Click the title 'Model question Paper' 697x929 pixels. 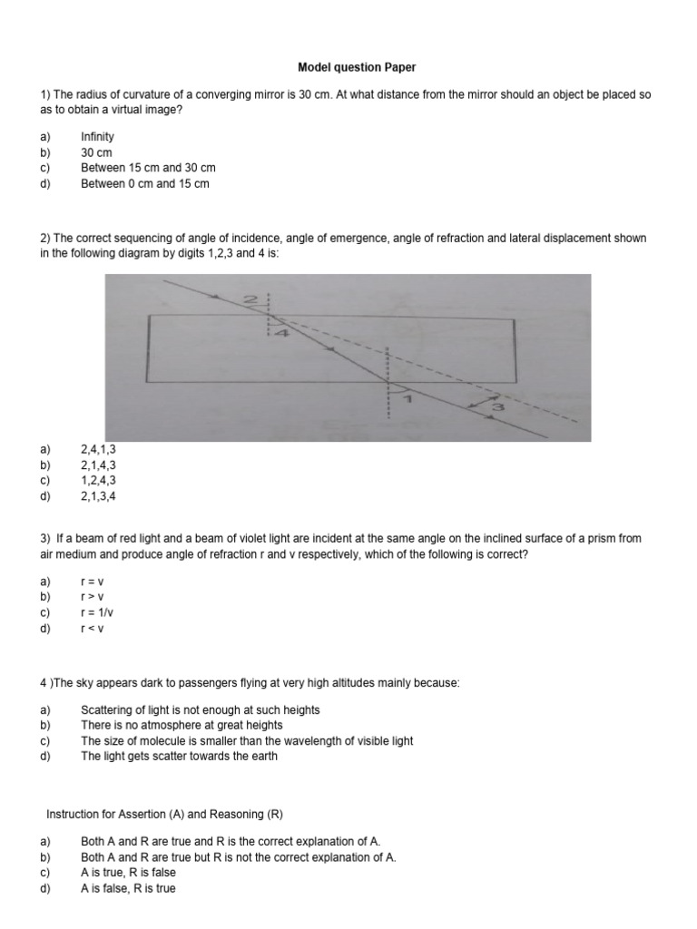[348, 67]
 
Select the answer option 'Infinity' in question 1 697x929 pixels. [97, 137]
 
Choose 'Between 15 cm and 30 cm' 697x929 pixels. [148, 168]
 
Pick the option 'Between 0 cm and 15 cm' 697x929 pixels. [144, 183]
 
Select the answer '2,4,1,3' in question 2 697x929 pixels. [98, 449]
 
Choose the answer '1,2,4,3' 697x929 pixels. [98, 480]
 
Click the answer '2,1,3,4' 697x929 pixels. [98, 495]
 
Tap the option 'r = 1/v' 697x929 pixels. [95, 611]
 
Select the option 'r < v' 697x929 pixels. [93, 627]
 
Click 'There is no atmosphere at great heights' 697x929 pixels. [182, 725]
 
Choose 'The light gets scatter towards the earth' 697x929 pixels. [179, 756]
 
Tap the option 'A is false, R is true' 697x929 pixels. [128, 888]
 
